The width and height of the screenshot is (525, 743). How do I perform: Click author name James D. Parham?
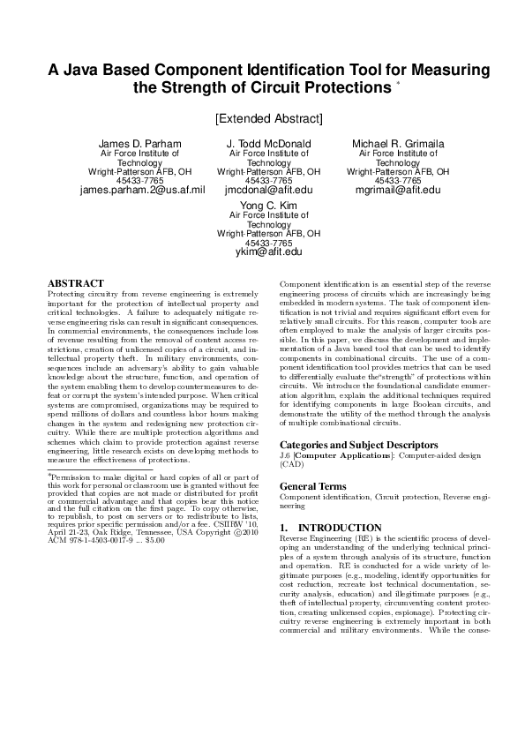coord(139,144)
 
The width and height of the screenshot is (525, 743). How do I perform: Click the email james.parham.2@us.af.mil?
coord(142,189)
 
